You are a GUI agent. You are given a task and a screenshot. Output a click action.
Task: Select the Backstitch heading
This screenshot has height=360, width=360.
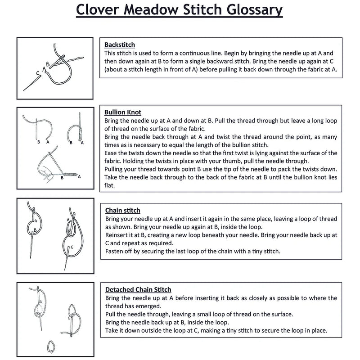[120, 45]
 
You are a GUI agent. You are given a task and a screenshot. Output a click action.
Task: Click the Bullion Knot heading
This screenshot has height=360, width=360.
[123, 112]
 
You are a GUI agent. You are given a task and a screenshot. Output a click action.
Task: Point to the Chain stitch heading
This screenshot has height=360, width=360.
[122, 210]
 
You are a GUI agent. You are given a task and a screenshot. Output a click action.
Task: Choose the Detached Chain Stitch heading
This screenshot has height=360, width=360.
[138, 289]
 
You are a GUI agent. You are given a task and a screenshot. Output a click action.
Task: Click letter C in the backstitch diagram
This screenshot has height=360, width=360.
[38, 73]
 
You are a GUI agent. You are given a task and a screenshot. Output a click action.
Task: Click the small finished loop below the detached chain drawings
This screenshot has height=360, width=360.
[52, 346]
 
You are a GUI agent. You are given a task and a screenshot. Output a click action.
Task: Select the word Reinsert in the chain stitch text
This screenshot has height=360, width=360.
[117, 235]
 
